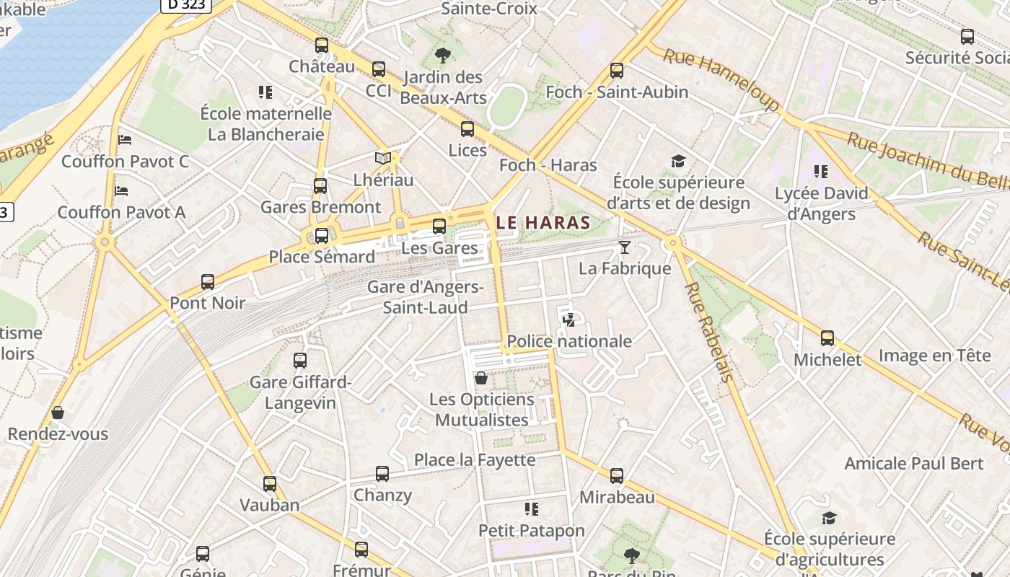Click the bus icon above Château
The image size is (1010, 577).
pyautogui.click(x=322, y=45)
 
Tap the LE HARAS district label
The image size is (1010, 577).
pyautogui.click(x=543, y=222)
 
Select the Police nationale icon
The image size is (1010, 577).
pyautogui.click(x=568, y=320)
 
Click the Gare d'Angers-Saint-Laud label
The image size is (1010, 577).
pyautogui.click(x=425, y=297)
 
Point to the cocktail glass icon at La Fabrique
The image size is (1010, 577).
pyautogui.click(x=625, y=247)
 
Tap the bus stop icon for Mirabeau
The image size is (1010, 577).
pyautogui.click(x=616, y=476)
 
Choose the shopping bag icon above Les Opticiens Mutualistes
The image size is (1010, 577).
pyautogui.click(x=481, y=378)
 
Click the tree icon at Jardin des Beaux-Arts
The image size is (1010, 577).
pyautogui.click(x=442, y=55)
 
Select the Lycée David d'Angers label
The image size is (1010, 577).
pyautogui.click(x=821, y=203)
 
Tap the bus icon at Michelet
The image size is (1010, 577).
pyautogui.click(x=827, y=338)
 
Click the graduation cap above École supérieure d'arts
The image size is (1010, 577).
pyautogui.click(x=678, y=161)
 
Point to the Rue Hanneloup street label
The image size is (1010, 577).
pyautogui.click(x=721, y=79)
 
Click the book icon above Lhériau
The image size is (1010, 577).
pyautogui.click(x=382, y=158)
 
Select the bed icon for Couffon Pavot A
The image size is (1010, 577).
pyautogui.click(x=121, y=191)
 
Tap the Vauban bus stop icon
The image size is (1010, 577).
pyautogui.click(x=270, y=483)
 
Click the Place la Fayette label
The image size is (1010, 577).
pyautogui.click(x=475, y=459)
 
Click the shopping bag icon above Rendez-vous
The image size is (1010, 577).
pyautogui.click(x=58, y=413)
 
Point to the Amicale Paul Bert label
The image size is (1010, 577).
pyautogui.click(x=913, y=463)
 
